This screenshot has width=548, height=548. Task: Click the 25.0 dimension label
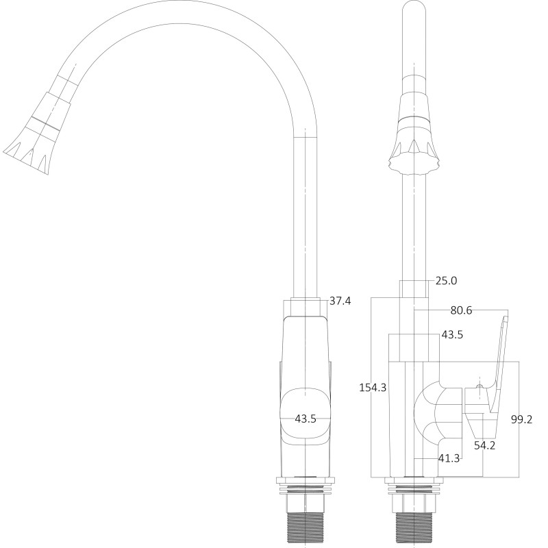(446, 280)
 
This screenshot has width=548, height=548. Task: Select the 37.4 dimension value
(340, 301)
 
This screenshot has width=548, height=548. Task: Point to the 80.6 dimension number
(461, 310)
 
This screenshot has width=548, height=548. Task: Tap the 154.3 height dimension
(373, 387)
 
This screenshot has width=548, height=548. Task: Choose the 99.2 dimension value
(522, 419)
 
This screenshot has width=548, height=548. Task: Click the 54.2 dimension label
(484, 445)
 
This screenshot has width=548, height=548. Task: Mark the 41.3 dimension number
(449, 458)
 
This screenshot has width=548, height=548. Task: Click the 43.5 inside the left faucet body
(305, 419)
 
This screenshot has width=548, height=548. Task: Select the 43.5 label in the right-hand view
(451, 335)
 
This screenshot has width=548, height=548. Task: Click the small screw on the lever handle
(479, 391)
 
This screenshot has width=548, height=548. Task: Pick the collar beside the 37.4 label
(305, 307)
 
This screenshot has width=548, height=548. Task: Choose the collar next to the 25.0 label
(414, 288)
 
